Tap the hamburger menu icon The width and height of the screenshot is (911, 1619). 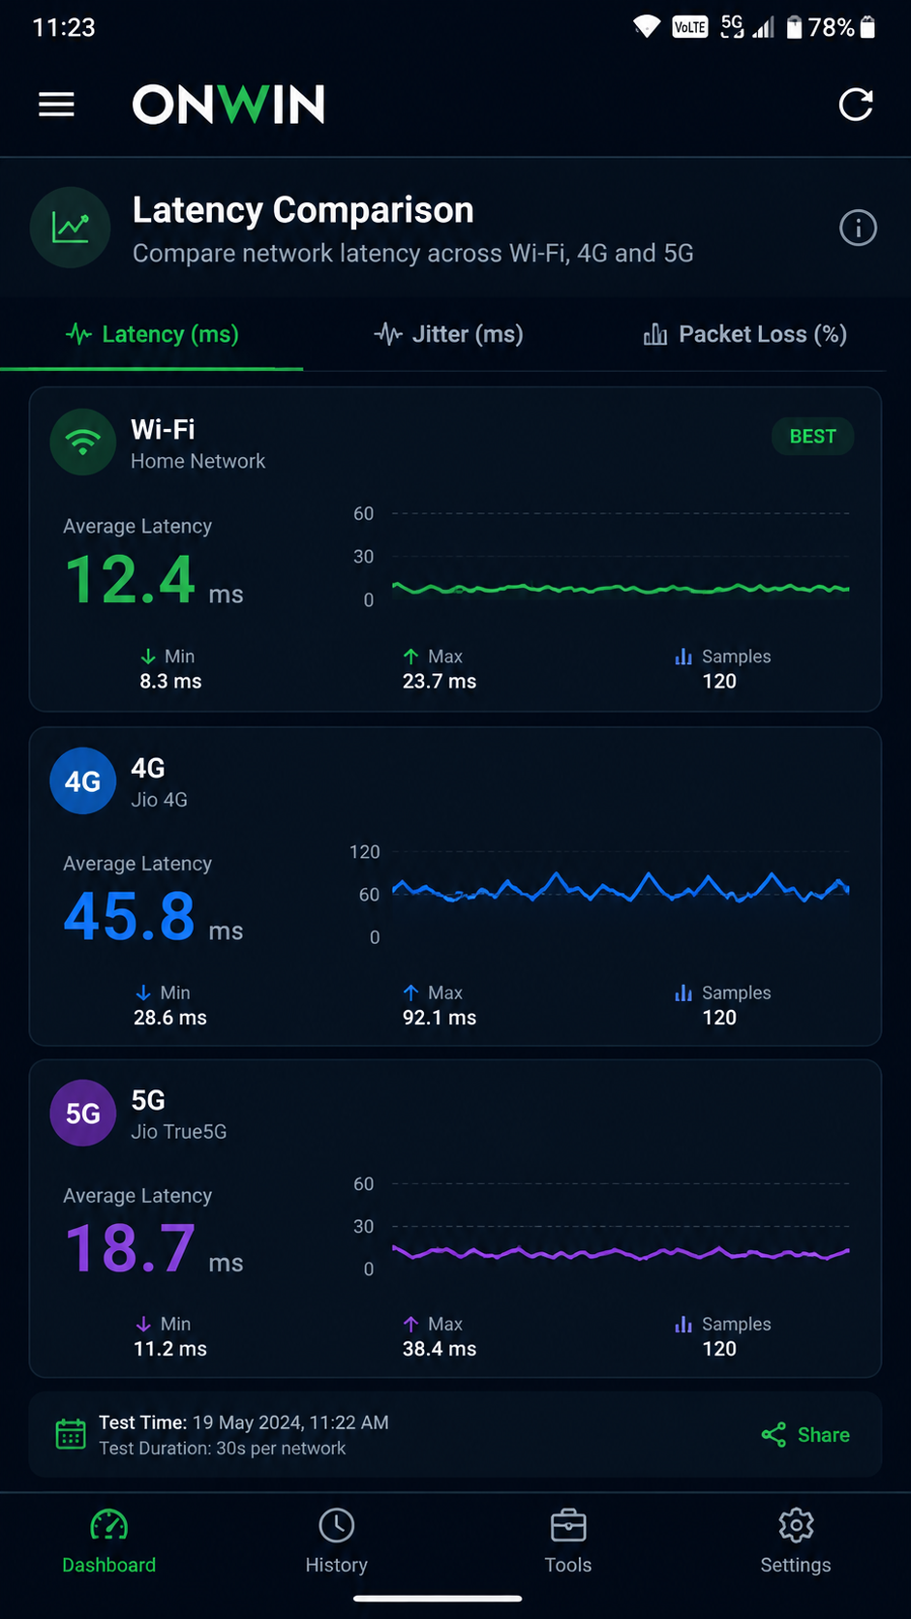pyautogui.click(x=56, y=104)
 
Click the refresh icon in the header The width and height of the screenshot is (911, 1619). pyautogui.click(x=856, y=105)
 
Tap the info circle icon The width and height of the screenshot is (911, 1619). pyautogui.click(x=858, y=229)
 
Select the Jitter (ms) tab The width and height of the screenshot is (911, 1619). pyautogui.click(x=448, y=334)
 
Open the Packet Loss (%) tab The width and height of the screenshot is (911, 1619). pyautogui.click(x=744, y=334)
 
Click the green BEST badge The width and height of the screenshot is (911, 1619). pyautogui.click(x=813, y=437)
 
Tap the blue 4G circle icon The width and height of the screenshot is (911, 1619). pyautogui.click(x=83, y=780)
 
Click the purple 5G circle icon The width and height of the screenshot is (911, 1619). pyautogui.click(x=83, y=1114)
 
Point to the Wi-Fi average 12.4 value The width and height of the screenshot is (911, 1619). pyautogui.click(x=130, y=579)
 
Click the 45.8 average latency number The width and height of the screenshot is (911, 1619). pyautogui.click(x=130, y=916)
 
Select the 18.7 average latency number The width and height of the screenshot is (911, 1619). pyautogui.click(x=130, y=1248)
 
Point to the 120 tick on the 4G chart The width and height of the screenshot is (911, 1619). pyautogui.click(x=364, y=852)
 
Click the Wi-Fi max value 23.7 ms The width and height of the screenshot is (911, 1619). pyautogui.click(x=440, y=681)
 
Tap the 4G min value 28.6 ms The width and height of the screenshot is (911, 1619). pyautogui.click(x=169, y=1018)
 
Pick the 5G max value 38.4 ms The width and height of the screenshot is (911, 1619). pyautogui.click(x=440, y=1349)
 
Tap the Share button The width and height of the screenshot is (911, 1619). pyautogui.click(x=805, y=1435)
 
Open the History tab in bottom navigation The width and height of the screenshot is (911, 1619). pyautogui.click(x=337, y=1541)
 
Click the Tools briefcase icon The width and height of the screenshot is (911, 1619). pyautogui.click(x=568, y=1525)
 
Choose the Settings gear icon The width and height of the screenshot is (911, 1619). pyautogui.click(x=796, y=1525)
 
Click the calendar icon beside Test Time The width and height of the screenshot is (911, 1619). pyautogui.click(x=71, y=1434)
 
